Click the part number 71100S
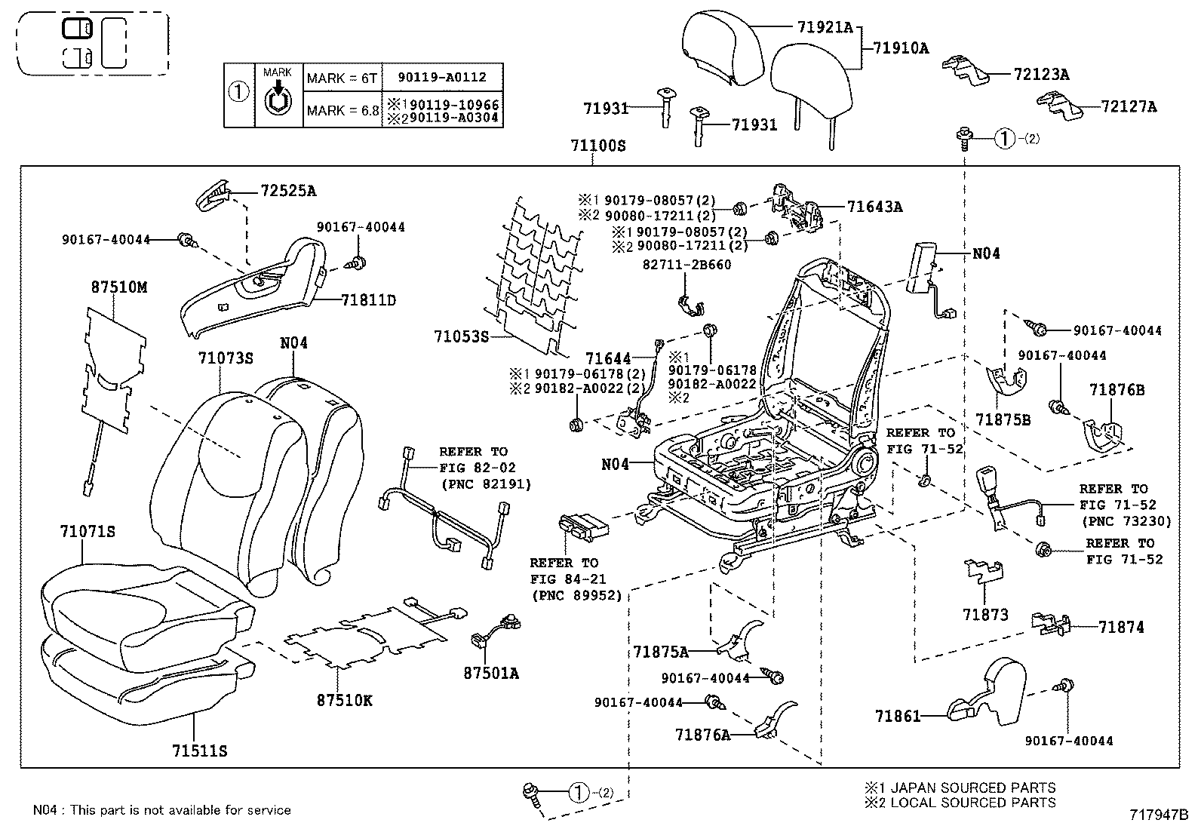599,146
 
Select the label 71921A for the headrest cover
824,28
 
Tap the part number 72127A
1128,107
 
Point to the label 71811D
368,300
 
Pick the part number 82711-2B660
687,265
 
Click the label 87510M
119,287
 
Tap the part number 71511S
200,751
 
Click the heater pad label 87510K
344,700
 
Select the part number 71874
1121,627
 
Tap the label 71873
985,615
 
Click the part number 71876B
1117,389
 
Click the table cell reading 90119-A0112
443,77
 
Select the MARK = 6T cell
342,78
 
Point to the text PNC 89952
577,596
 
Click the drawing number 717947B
1159,815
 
